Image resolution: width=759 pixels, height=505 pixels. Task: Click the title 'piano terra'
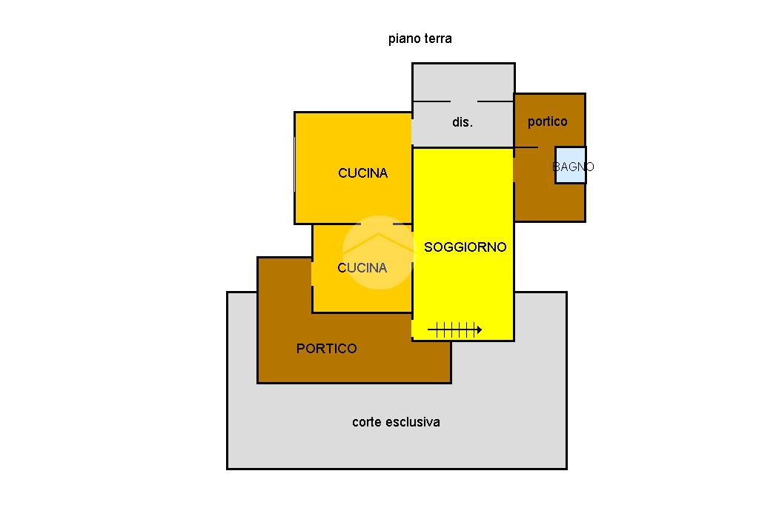click(420, 39)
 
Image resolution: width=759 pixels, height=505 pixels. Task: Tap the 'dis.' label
click(462, 122)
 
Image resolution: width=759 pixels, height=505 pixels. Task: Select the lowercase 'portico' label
click(547, 121)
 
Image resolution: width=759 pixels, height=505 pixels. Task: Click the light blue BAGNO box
click(571, 166)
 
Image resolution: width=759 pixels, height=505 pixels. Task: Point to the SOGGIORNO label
click(465, 247)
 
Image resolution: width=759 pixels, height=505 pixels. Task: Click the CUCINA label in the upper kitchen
click(362, 173)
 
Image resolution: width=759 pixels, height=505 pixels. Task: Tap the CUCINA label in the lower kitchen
click(362, 268)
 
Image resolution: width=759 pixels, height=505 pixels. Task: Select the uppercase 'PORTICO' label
click(326, 349)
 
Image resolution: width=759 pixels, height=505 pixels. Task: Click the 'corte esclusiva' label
click(396, 422)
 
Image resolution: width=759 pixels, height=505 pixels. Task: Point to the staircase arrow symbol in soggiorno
click(454, 330)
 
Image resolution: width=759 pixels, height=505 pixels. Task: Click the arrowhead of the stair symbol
click(479, 330)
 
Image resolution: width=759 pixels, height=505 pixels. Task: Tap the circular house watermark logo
click(378, 251)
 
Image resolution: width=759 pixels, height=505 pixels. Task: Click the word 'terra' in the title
click(438, 39)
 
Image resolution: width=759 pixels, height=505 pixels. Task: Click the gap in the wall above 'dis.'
click(464, 101)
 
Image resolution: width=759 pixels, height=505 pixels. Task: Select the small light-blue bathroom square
click(571, 166)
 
